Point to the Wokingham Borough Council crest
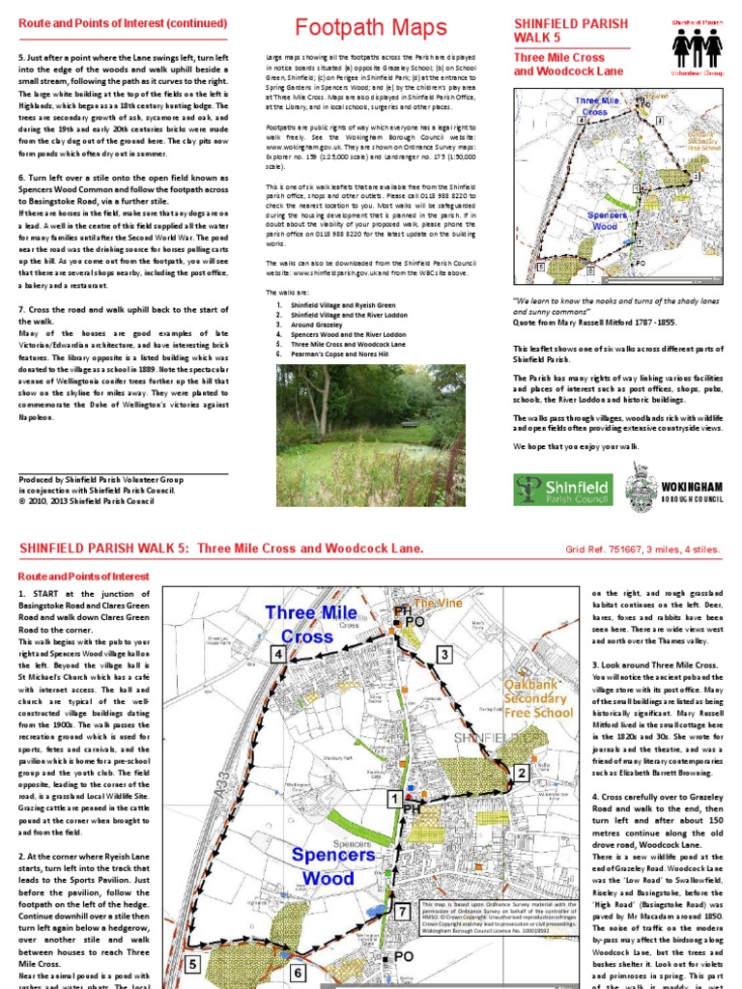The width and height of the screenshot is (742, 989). (x=642, y=482)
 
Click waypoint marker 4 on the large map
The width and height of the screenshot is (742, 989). (x=278, y=654)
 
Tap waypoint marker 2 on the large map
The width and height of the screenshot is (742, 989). (x=521, y=773)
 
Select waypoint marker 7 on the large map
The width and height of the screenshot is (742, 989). (x=401, y=910)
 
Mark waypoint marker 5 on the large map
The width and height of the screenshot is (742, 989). (x=192, y=964)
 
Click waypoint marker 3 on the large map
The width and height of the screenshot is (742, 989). (x=443, y=655)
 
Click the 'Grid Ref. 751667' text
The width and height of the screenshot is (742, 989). (x=603, y=550)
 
